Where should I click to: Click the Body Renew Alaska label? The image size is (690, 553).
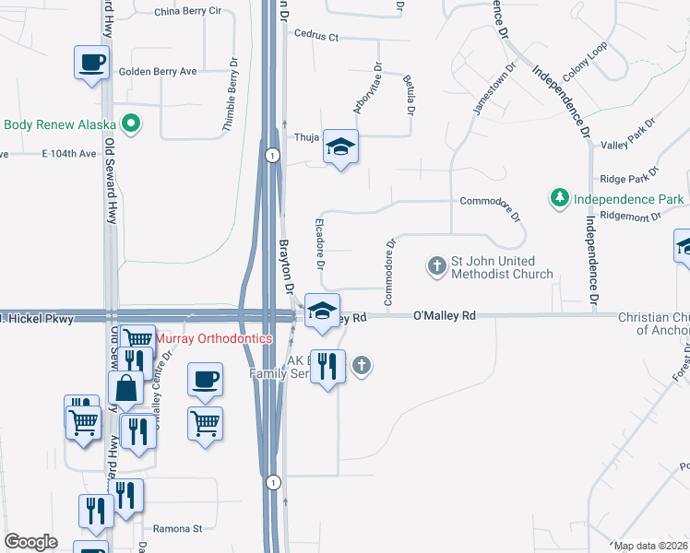click(x=59, y=125)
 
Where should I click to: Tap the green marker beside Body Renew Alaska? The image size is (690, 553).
click(x=131, y=123)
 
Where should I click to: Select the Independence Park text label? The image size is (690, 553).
click(x=628, y=199)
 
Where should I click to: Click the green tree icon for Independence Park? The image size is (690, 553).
click(x=559, y=198)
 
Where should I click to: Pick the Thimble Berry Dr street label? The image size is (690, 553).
click(x=231, y=102)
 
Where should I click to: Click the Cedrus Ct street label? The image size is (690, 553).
click(x=316, y=36)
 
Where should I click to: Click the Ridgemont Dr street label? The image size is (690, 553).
click(x=630, y=218)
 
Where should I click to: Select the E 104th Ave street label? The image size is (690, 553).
click(x=69, y=153)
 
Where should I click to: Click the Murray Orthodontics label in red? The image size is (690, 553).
click(x=214, y=338)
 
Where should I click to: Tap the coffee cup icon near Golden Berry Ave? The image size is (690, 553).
click(x=91, y=64)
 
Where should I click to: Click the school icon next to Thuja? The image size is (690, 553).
click(x=340, y=147)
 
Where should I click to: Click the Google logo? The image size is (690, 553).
click(x=30, y=542)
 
